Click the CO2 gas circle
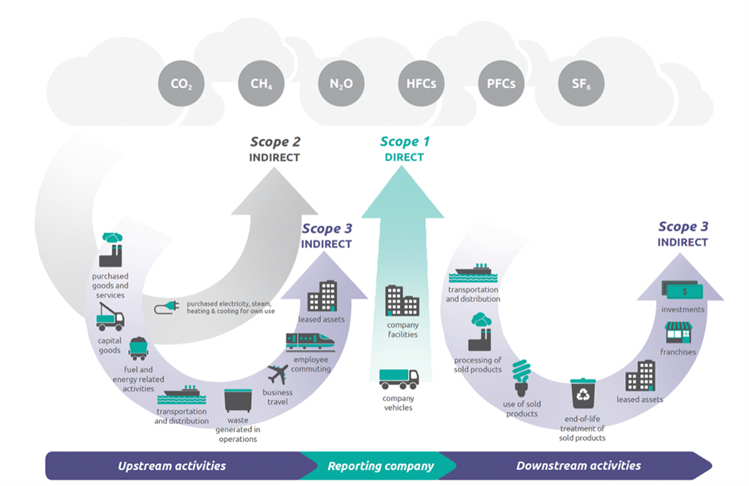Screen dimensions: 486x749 pos(181,83)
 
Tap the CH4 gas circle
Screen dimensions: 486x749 pos(261,83)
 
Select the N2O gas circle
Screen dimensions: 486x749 pos(341,83)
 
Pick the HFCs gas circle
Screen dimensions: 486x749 pos(421,83)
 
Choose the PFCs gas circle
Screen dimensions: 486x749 pos(501,83)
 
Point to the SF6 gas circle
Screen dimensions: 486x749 pos(581,83)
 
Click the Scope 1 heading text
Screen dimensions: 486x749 pos(404,142)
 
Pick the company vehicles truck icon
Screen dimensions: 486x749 pos(399,379)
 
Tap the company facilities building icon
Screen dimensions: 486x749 pos(402,300)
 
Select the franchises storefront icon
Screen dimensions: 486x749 pos(678,332)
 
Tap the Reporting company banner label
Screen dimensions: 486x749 pos(380,465)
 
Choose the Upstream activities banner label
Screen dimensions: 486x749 pos(172,465)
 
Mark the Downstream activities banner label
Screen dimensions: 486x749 pos(579,465)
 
